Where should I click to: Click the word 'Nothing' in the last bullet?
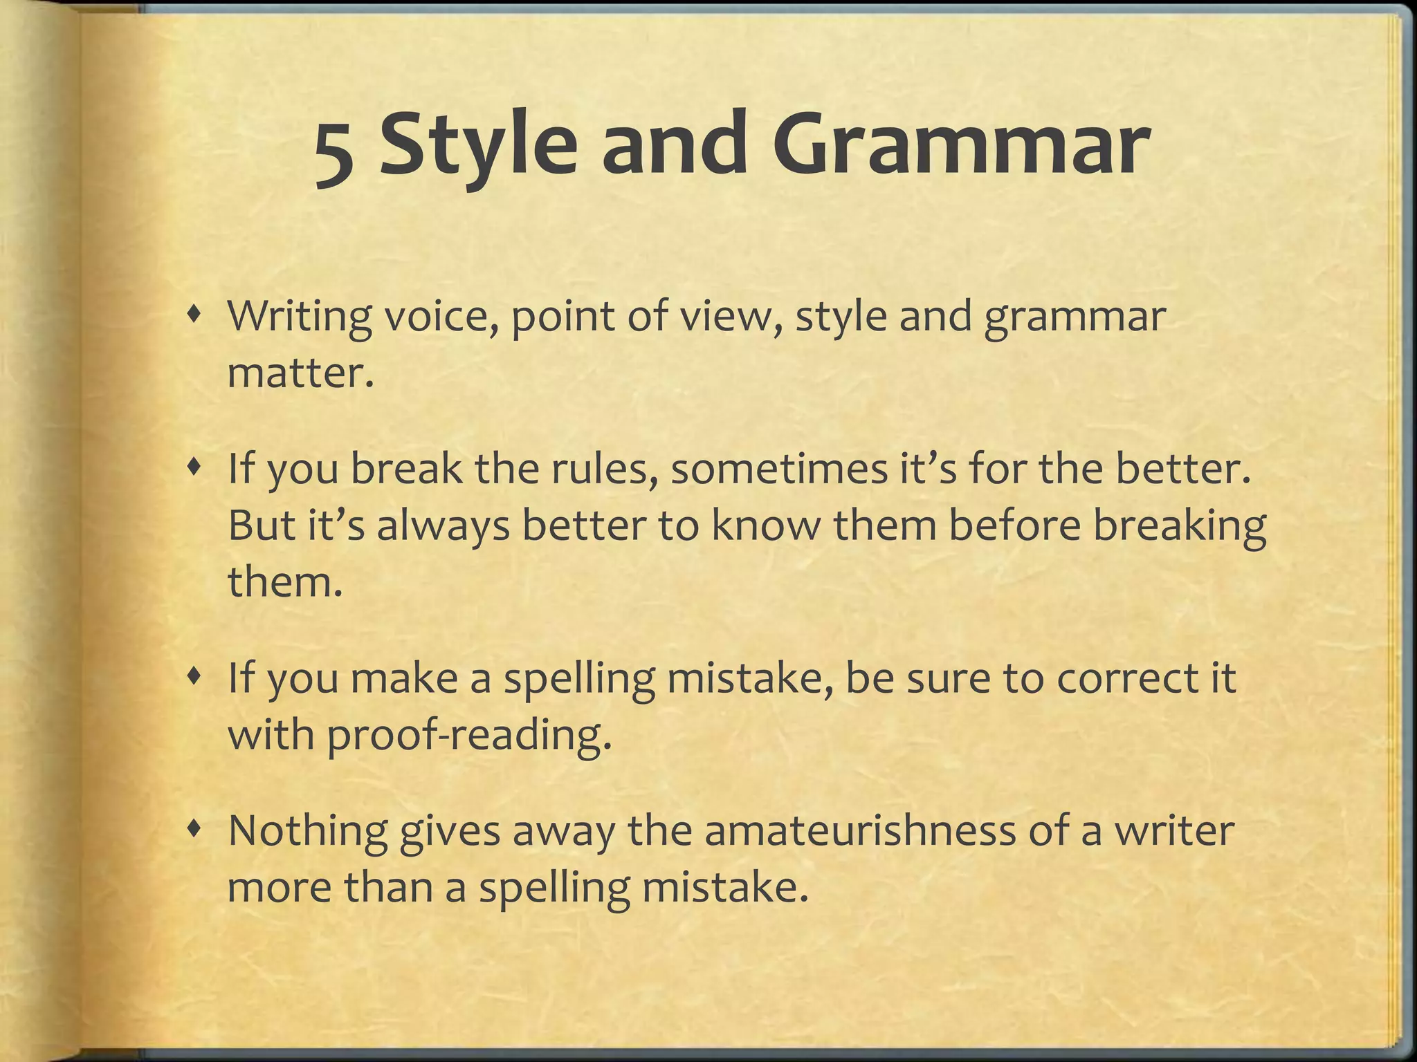(307, 830)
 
